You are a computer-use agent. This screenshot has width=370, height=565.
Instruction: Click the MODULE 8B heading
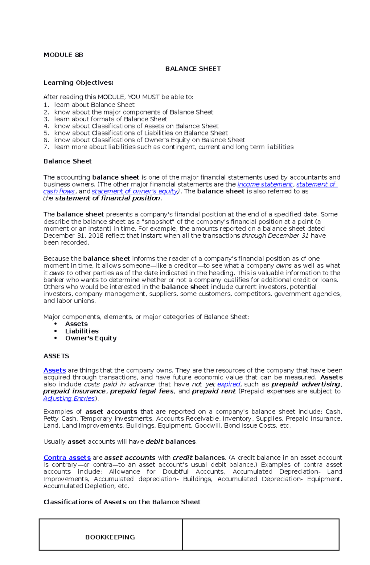coord(63,55)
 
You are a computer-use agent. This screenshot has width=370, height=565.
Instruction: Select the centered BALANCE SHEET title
coord(193,69)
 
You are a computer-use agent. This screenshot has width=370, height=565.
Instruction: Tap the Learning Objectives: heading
coord(78,83)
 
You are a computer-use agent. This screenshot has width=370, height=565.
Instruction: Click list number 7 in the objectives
coord(46,147)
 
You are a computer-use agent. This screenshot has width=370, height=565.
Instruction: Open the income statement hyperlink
coord(265,184)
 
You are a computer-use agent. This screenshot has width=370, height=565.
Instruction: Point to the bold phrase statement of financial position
coord(108,198)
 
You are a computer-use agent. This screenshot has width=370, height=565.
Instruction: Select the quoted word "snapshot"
coord(159,222)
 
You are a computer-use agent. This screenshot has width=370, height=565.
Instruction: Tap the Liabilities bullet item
coord(82,331)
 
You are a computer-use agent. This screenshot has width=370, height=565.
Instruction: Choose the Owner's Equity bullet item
coord(91,338)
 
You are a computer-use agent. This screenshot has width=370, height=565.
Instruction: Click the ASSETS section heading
coord(56,356)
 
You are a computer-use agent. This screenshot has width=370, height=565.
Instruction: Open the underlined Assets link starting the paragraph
coord(55,370)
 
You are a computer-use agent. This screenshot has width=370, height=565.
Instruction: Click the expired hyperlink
coord(228,384)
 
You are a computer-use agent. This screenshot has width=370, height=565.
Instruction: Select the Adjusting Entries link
coord(69,398)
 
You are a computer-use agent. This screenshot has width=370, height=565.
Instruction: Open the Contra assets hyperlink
coord(67,458)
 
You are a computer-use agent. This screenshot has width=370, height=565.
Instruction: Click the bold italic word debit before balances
coord(154,442)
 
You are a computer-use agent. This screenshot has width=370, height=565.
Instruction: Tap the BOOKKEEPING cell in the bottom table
coord(110,537)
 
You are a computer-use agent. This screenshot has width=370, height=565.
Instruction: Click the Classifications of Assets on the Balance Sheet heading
coord(122,502)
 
